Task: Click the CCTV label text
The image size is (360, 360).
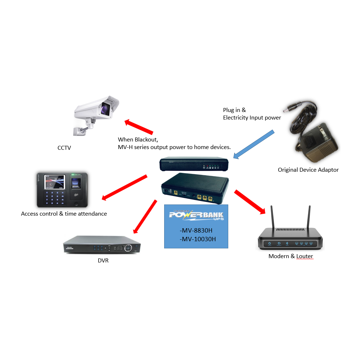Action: [x=64, y=147]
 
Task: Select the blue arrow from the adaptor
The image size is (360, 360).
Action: [x=254, y=144]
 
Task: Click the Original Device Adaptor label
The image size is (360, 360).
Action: [x=308, y=170]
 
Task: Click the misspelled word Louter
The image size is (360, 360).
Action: [x=305, y=256]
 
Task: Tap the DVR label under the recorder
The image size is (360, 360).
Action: [x=103, y=261]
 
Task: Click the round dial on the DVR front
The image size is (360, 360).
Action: [x=128, y=248]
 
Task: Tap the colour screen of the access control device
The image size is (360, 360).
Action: [x=54, y=181]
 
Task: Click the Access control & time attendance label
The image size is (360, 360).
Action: [x=64, y=213]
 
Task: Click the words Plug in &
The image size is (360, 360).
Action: [x=234, y=110]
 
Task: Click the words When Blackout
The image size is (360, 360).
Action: [x=138, y=139]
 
